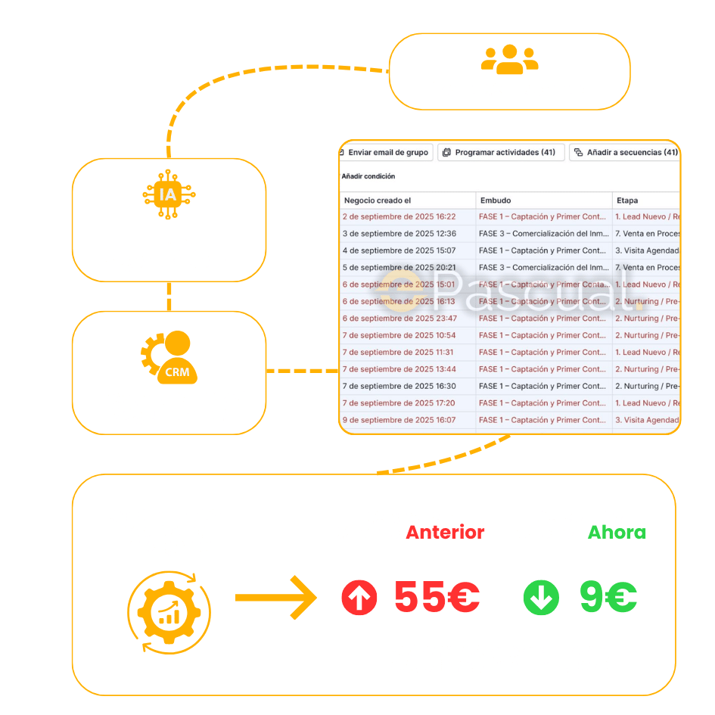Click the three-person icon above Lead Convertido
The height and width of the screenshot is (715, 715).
pyautogui.click(x=509, y=59)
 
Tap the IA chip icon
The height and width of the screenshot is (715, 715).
pyautogui.click(x=168, y=194)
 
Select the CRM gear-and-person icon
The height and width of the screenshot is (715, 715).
pyautogui.click(x=170, y=357)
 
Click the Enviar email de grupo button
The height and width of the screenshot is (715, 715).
pyautogui.click(x=387, y=153)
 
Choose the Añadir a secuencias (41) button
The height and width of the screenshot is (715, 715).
pyautogui.click(x=625, y=153)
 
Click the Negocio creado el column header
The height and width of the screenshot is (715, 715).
pyautogui.click(x=378, y=201)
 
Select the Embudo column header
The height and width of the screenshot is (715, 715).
pyautogui.click(x=496, y=201)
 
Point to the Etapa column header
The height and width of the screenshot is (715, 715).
pyautogui.click(x=627, y=201)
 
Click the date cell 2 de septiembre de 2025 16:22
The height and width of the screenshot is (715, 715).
pyautogui.click(x=399, y=216)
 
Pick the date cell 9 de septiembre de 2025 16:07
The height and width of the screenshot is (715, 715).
pyautogui.click(x=399, y=420)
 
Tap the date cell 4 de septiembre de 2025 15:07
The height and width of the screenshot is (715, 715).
pyautogui.click(x=399, y=250)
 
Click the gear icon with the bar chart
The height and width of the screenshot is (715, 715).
pyautogui.click(x=169, y=608)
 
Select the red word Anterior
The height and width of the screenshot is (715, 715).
pyautogui.click(x=446, y=533)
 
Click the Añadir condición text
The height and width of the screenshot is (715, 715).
pyautogui.click(x=368, y=176)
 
